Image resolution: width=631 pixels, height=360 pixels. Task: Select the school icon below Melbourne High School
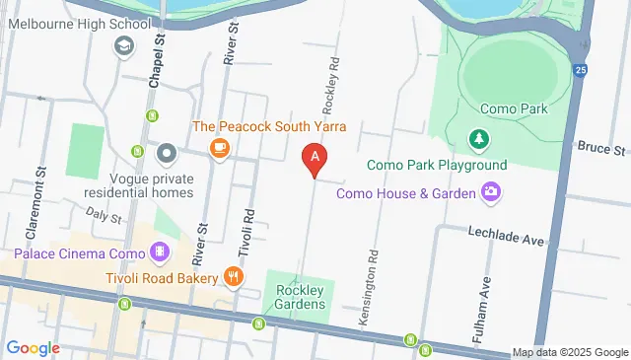tap(124, 45)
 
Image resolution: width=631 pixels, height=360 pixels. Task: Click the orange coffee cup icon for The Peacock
tap(219, 149)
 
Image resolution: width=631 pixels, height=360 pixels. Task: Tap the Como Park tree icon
tap(479, 139)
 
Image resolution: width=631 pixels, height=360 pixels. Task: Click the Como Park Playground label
tap(437, 165)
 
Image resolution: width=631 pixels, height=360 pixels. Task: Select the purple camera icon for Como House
tap(490, 192)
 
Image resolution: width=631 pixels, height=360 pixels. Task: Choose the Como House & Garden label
tap(406, 193)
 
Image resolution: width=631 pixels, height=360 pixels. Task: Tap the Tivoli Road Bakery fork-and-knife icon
tap(234, 276)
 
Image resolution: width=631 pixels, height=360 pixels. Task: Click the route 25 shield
tap(581, 70)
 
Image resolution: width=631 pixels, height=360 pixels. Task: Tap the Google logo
tap(33, 347)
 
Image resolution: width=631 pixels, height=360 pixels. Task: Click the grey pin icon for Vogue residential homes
tap(167, 153)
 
